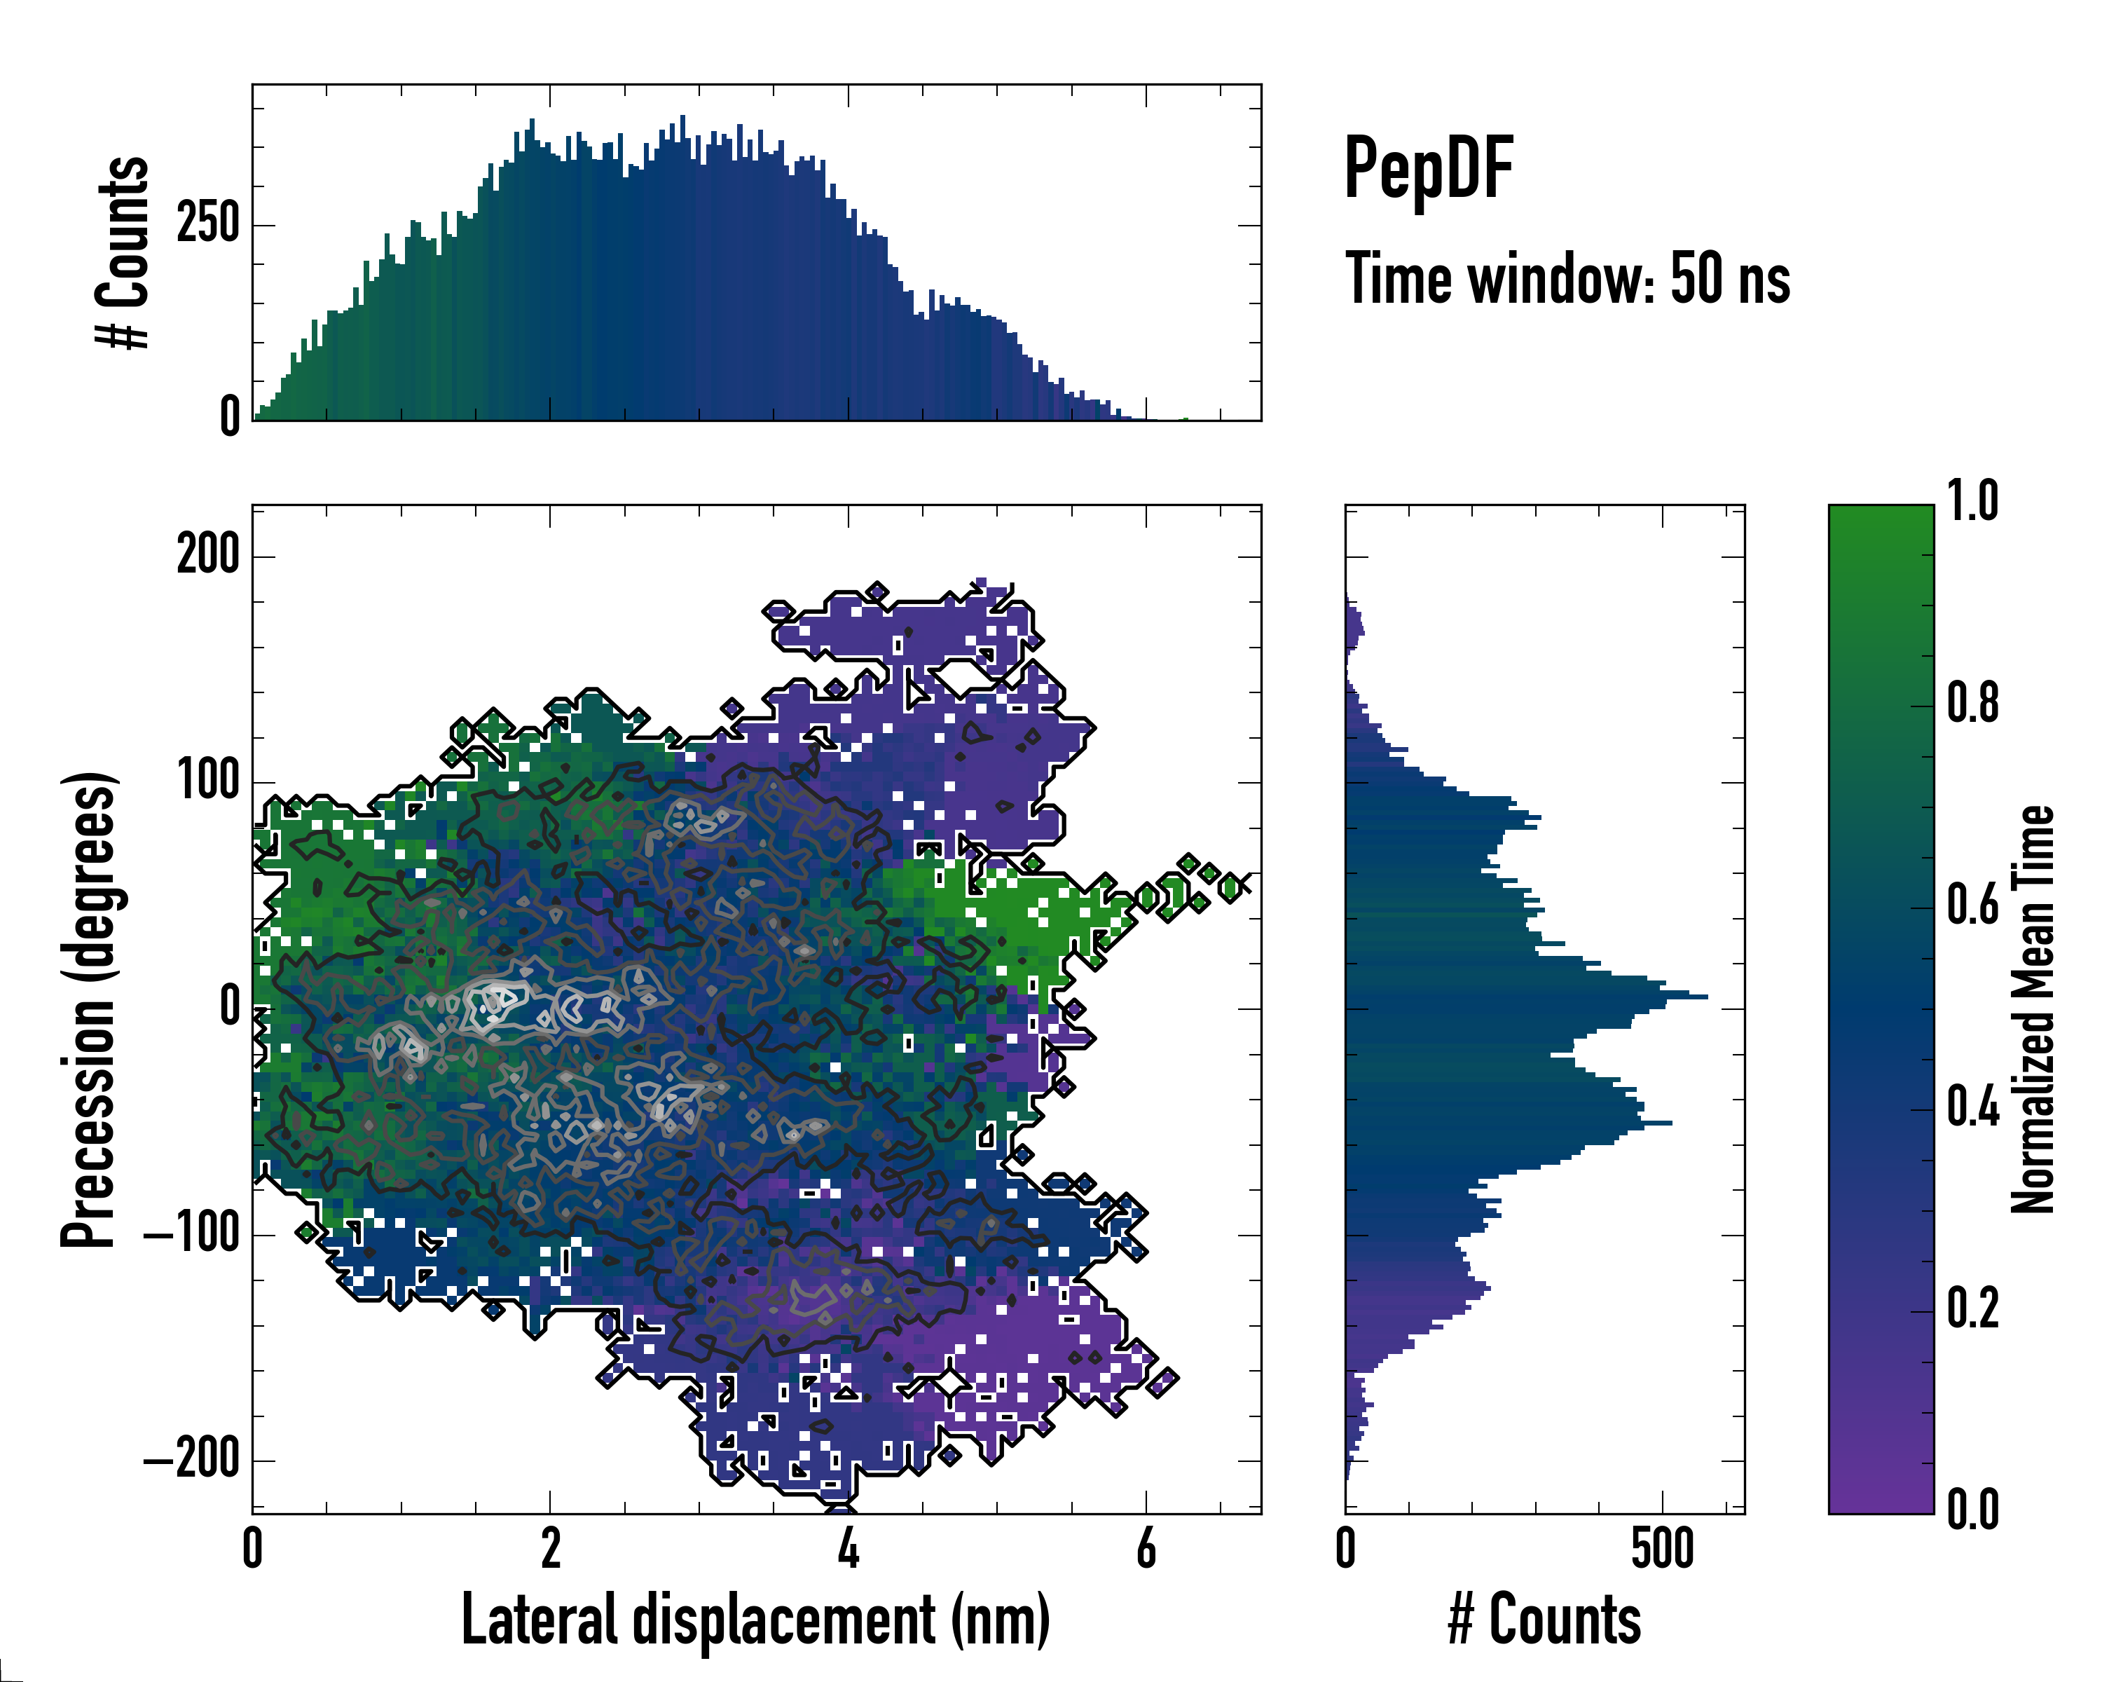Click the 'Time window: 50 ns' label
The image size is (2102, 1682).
click(x=1567, y=280)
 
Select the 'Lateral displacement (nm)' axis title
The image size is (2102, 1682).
click(x=755, y=1620)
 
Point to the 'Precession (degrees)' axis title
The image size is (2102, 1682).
click(x=90, y=1009)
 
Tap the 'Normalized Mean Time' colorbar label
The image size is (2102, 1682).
click(x=2033, y=1009)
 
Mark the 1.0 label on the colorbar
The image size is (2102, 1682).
click(x=1972, y=502)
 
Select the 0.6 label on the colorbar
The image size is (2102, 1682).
click(x=1972, y=906)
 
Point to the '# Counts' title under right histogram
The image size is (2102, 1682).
click(x=1544, y=1620)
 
